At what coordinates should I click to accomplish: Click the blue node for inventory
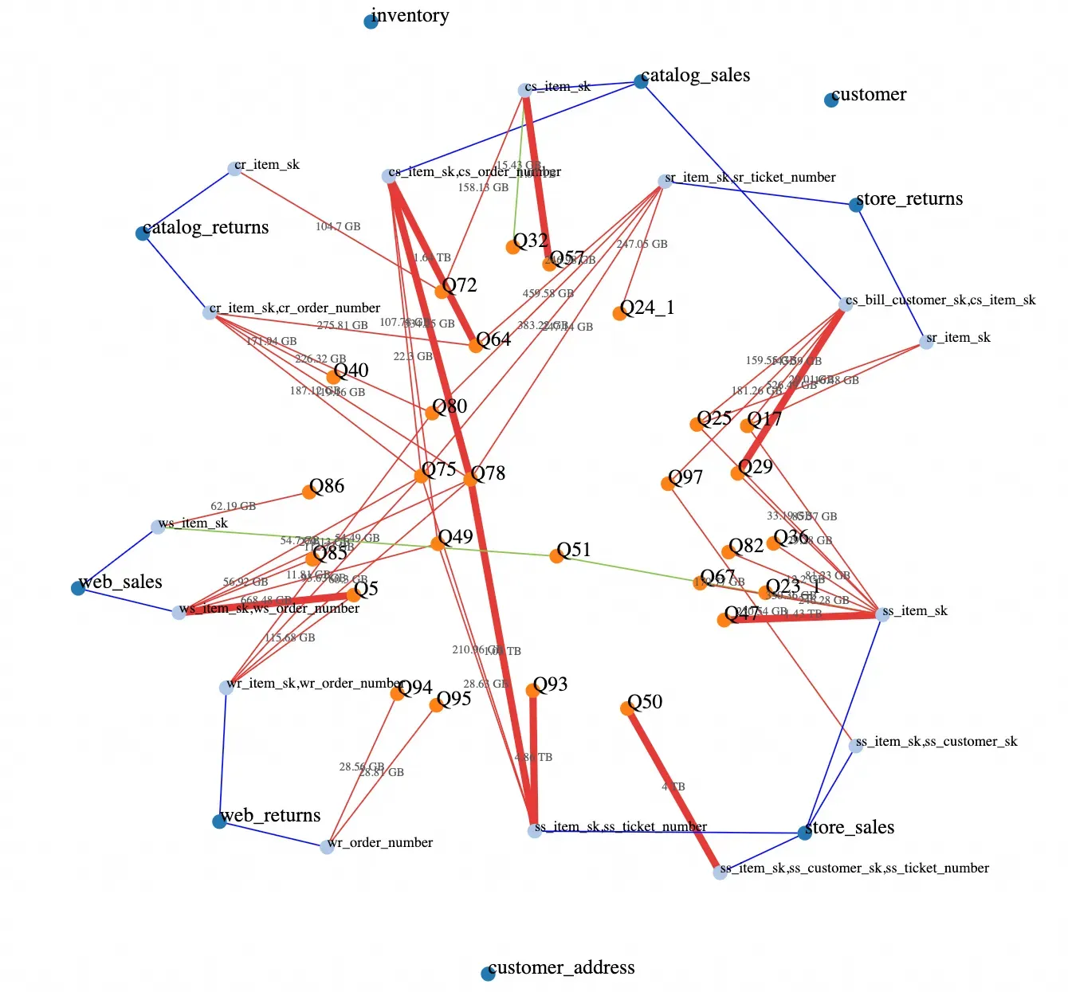pos(371,22)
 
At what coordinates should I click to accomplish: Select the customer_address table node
pos(488,974)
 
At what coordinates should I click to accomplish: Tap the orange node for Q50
pos(627,708)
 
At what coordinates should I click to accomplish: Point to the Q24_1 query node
pos(619,314)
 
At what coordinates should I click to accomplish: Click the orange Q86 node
pos(309,492)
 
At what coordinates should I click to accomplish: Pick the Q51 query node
pos(556,555)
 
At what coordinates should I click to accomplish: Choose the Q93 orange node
pos(532,691)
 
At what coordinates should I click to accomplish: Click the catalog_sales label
pos(695,76)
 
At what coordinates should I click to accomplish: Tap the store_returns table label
pos(909,199)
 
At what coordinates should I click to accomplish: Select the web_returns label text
pos(271,816)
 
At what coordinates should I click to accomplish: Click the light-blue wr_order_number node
pos(327,847)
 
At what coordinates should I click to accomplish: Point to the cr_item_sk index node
pos(234,169)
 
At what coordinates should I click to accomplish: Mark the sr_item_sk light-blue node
pos(926,342)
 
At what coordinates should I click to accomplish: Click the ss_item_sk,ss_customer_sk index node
pos(856,746)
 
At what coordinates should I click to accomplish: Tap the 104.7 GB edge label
pos(338,227)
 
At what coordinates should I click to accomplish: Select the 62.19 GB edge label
pos(233,506)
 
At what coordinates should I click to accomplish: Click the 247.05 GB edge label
pos(642,245)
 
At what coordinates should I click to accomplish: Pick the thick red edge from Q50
pos(673,789)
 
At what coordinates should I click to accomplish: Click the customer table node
pos(831,100)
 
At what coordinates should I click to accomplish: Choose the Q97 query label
pos(685,477)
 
